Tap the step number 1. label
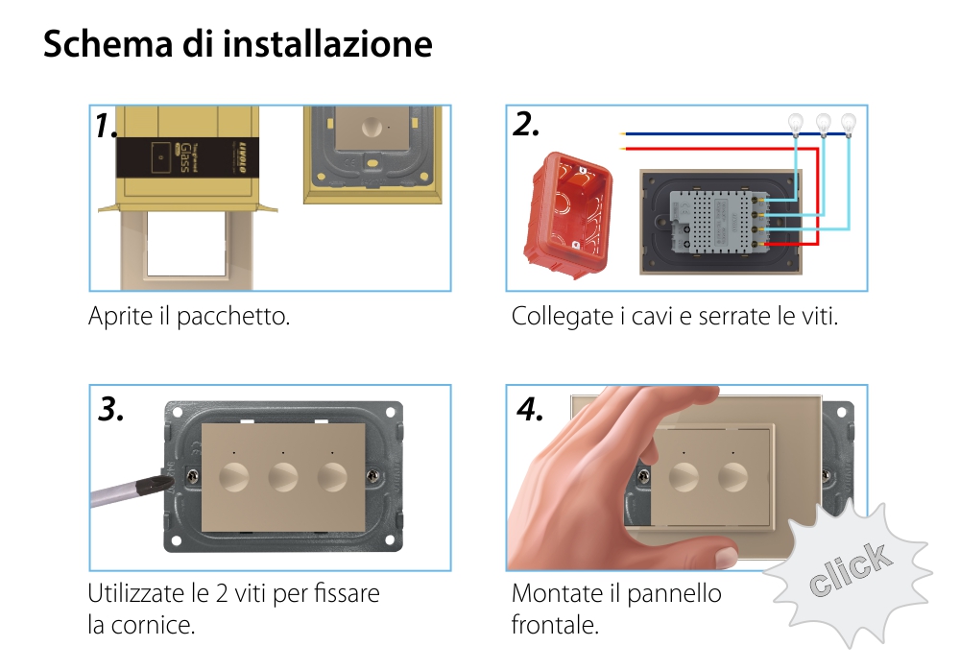pyautogui.click(x=108, y=126)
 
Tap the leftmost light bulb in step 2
pyautogui.click(x=795, y=122)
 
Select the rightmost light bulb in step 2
pyautogui.click(x=848, y=122)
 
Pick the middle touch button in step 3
pyautogui.click(x=283, y=476)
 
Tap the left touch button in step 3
pyautogui.click(x=233, y=476)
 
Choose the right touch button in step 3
pyautogui.click(x=333, y=476)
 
